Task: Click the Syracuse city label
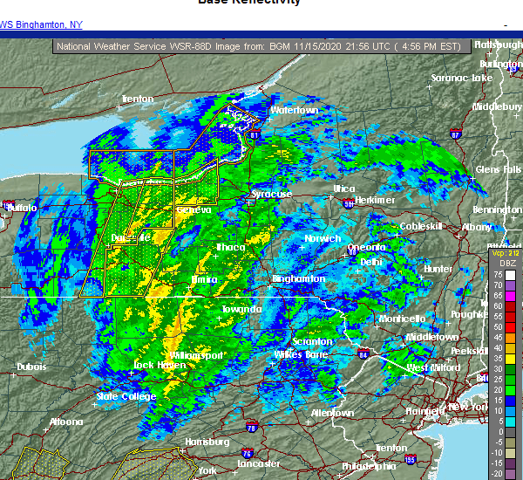(x=271, y=194)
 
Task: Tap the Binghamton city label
(x=298, y=279)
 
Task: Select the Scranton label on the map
(x=312, y=341)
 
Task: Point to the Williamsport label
(x=197, y=356)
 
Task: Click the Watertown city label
(x=293, y=111)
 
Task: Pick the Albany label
(x=477, y=227)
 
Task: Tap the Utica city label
(x=344, y=189)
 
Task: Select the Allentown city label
(x=332, y=413)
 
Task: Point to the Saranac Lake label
(x=462, y=79)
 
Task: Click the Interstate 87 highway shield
(x=455, y=135)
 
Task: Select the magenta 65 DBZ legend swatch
(x=511, y=296)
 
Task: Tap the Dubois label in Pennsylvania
(x=31, y=367)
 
